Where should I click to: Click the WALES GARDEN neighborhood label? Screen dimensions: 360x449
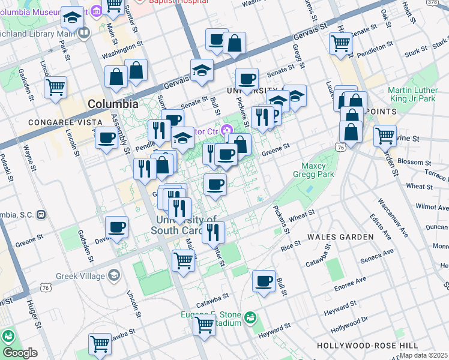tap(340, 237)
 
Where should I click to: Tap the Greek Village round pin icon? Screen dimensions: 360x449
tap(113, 276)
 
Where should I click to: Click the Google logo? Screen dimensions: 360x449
tap(19, 353)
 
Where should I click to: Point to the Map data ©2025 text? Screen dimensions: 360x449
tap(423, 355)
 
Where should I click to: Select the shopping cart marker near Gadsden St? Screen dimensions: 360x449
tap(55, 87)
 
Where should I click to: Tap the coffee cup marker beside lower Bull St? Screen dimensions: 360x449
tap(264, 281)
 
